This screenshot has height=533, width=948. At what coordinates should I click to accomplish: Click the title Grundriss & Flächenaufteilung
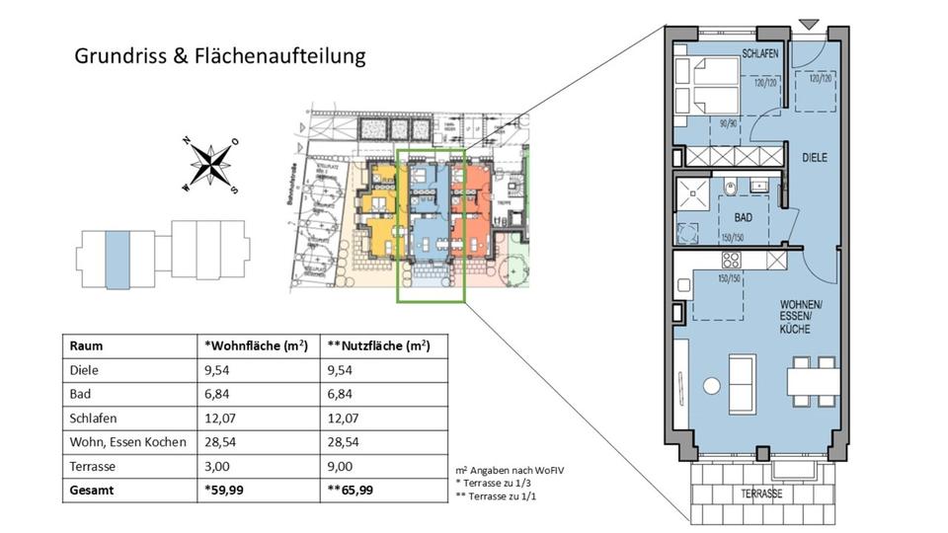220,55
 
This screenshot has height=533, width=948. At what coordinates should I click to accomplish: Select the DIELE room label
814,158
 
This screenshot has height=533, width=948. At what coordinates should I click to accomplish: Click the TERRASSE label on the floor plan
761,493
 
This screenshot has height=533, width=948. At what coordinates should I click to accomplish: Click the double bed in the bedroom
703,87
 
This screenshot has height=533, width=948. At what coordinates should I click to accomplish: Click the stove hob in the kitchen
732,262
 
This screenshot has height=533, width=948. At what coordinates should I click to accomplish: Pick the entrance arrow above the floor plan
809,23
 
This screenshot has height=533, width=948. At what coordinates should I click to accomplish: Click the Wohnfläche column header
256,346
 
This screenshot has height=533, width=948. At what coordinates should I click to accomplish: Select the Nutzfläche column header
377,346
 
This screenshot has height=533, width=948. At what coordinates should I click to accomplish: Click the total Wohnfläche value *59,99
226,489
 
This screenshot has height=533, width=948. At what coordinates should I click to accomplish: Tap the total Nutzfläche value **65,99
352,489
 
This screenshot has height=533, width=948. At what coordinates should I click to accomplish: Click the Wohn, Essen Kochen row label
127,441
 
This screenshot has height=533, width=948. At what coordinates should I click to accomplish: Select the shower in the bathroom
689,194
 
